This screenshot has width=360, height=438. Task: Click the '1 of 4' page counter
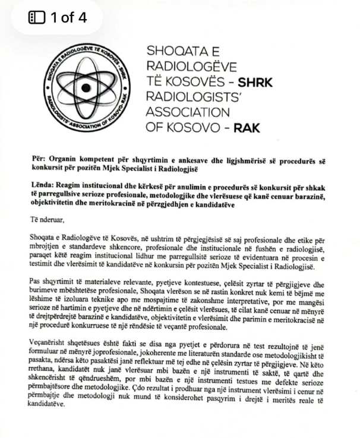coord(68,17)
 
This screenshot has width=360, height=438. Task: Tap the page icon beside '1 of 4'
coord(37,17)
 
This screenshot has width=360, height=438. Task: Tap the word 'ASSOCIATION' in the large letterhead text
coord(188,112)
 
